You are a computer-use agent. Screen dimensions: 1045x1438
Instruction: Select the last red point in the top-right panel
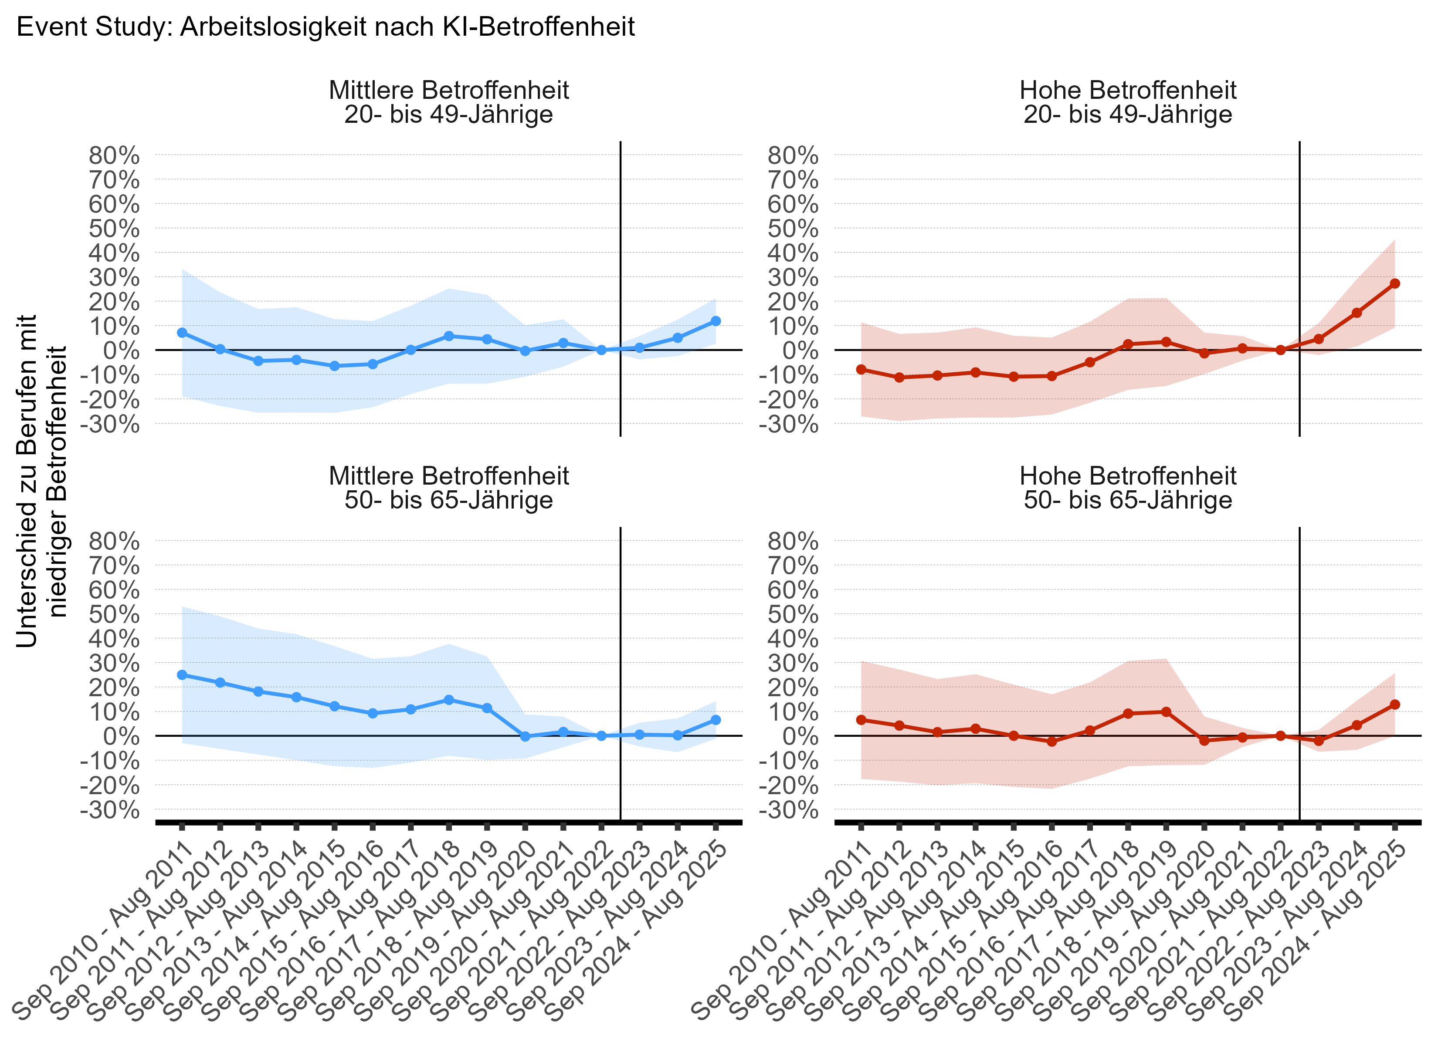(x=1394, y=283)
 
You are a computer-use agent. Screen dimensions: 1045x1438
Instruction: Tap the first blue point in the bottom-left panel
(x=182, y=675)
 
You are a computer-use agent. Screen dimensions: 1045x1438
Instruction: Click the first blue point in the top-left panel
(x=182, y=333)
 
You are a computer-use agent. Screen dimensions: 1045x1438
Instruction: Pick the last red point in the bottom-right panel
(x=1394, y=705)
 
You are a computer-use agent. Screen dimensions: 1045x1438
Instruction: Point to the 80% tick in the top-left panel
(x=114, y=155)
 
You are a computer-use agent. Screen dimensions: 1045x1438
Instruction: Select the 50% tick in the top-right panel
(x=793, y=228)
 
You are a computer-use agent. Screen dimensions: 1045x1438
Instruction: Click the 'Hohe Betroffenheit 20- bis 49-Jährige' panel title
(x=1127, y=102)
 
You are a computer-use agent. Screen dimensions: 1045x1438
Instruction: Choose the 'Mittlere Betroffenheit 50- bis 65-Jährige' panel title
(x=448, y=488)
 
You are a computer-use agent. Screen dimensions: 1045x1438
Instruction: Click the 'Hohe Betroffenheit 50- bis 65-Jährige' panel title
(x=1127, y=488)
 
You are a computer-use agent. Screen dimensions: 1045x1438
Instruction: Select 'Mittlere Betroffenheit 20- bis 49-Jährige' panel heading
(x=448, y=102)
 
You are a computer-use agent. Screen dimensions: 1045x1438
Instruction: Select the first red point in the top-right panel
(x=861, y=370)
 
